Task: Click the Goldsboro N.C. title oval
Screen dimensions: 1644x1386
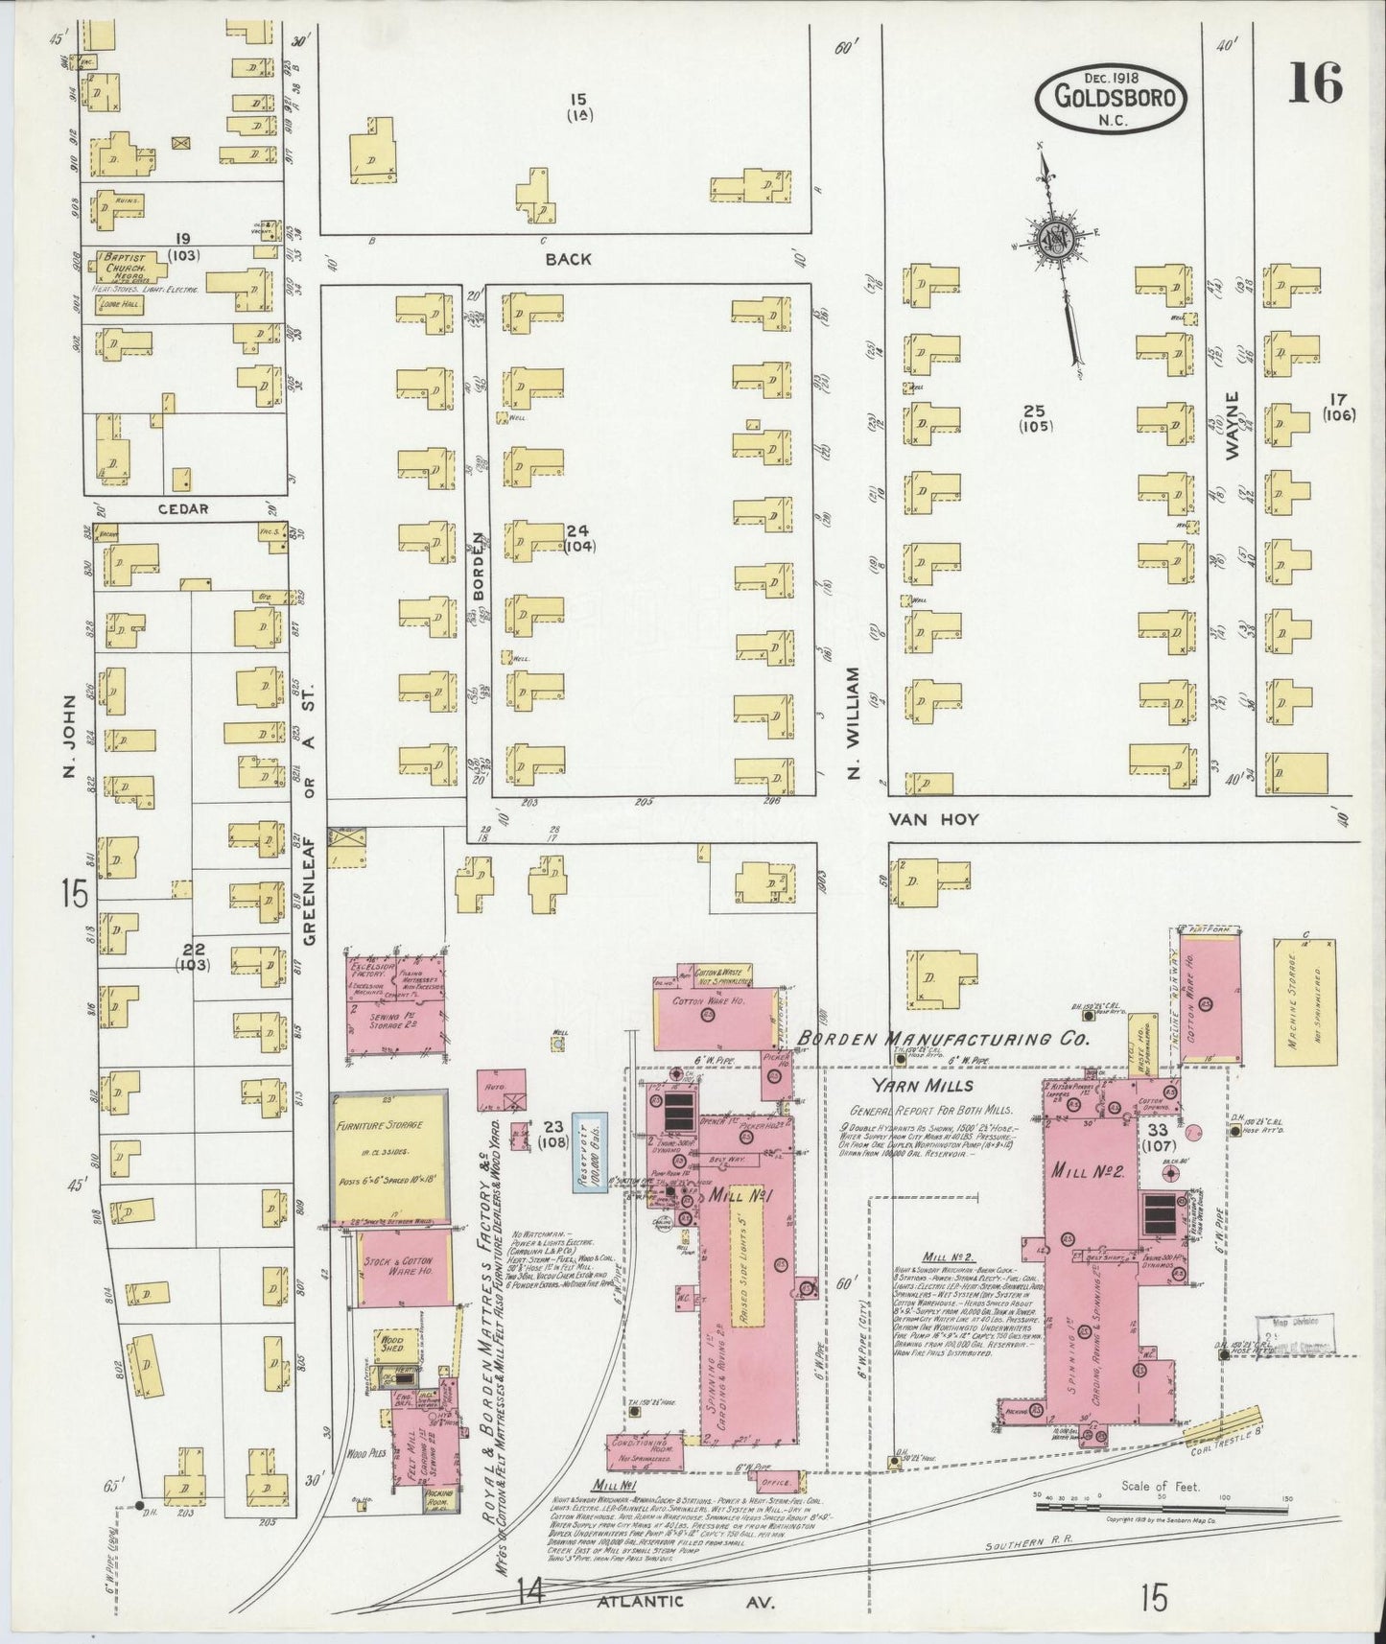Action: [x=1111, y=97]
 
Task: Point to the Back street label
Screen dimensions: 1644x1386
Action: [x=568, y=259]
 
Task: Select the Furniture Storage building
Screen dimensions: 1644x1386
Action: [x=389, y=1155]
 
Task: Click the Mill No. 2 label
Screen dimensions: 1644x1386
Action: [x=1094, y=1170]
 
